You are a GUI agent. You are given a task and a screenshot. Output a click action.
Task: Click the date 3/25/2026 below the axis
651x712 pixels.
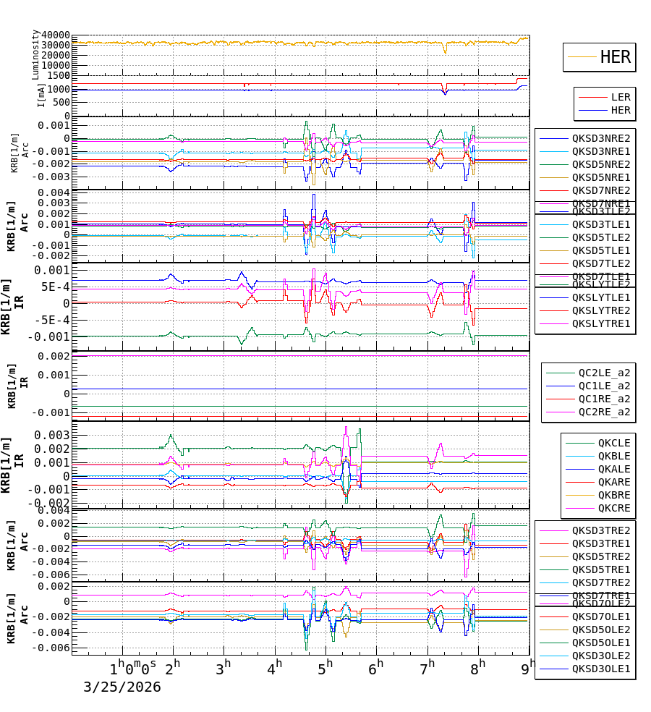pyautogui.click(x=122, y=687)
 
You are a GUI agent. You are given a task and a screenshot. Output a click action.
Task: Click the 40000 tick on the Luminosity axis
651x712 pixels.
pyautogui.click(x=56, y=35)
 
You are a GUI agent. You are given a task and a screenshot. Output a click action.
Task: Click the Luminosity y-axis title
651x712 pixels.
pyautogui.click(x=35, y=54)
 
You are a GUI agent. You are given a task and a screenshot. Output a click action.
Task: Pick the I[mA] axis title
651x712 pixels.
pyautogui.click(x=41, y=95)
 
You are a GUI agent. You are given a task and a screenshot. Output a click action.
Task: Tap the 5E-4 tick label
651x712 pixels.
pyautogui.click(x=54, y=286)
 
